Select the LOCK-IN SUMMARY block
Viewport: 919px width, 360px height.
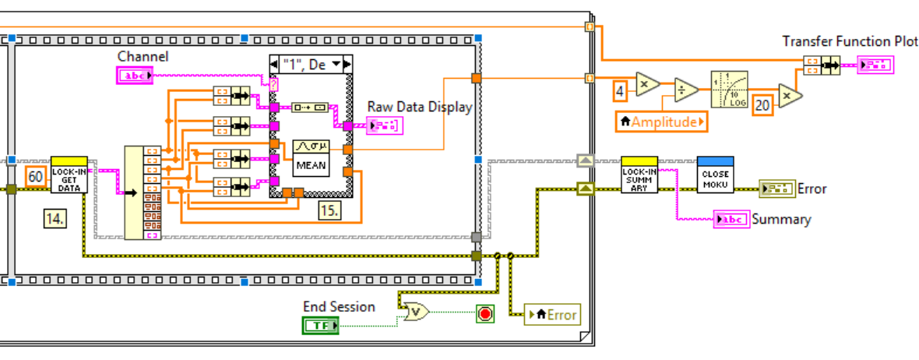coord(639,175)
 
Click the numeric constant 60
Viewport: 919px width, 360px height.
coord(36,176)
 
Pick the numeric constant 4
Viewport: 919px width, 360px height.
coord(620,90)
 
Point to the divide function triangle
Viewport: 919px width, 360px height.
coord(685,90)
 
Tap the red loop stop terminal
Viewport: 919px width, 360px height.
coord(485,314)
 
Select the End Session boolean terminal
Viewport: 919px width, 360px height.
coord(320,325)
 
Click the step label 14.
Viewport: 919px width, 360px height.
coord(55,219)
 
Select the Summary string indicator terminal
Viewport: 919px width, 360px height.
coord(731,220)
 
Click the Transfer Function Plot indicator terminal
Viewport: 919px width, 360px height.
coord(876,65)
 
